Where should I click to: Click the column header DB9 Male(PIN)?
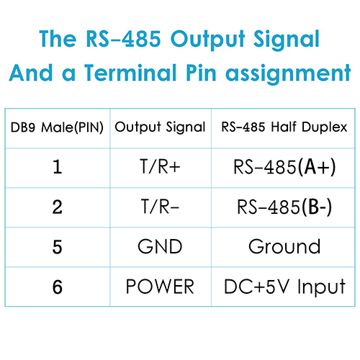point(57,127)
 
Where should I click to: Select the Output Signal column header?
point(160,127)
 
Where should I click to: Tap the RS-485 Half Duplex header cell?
point(284,127)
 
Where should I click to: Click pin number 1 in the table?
point(58,167)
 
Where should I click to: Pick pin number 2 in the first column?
point(58,207)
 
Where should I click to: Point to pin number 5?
point(58,247)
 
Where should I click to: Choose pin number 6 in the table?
point(58,287)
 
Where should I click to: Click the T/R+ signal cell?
point(160,166)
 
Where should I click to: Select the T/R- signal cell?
point(160,207)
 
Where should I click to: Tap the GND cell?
point(160,246)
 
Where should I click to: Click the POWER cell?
point(160,287)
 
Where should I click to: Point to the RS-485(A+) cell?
point(284,167)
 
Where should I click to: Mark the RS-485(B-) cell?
point(284,207)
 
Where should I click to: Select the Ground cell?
point(284,246)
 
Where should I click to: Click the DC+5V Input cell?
point(284,287)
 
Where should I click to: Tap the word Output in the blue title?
point(208,40)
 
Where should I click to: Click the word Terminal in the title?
point(130,73)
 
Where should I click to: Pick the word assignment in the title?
point(288,73)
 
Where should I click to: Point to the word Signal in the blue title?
point(287,40)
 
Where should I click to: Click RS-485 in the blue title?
point(123,38)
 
